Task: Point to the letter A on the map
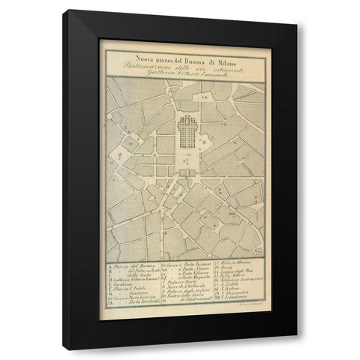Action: (187, 162)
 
